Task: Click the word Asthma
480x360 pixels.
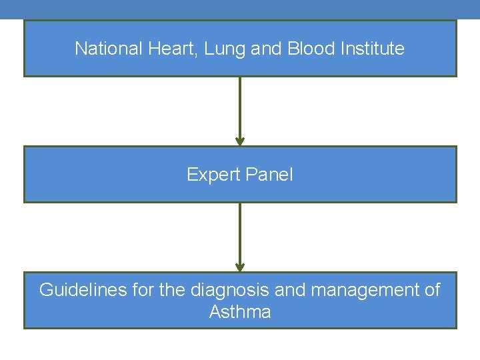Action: tap(240, 312)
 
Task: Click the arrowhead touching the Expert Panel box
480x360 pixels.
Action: tap(240, 141)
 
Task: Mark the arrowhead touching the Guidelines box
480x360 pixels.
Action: tap(240, 267)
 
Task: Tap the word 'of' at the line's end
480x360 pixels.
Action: tap(433, 290)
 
